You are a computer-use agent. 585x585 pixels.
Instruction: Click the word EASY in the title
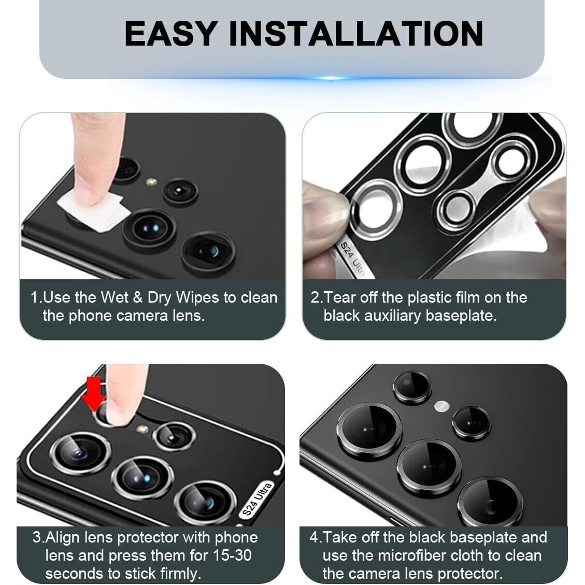pos(171,34)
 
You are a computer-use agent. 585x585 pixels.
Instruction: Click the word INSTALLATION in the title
pos(356,34)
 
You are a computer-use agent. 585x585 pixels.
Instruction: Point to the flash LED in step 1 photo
pos(151,182)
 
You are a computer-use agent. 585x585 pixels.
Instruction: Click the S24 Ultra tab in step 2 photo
pos(351,260)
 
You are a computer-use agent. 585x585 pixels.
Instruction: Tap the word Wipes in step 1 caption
pos(197,298)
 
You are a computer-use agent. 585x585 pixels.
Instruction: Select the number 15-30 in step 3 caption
pos(232,555)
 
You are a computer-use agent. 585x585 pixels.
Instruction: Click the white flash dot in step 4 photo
pos(442,406)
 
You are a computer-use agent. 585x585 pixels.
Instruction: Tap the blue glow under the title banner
pos(330,78)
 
